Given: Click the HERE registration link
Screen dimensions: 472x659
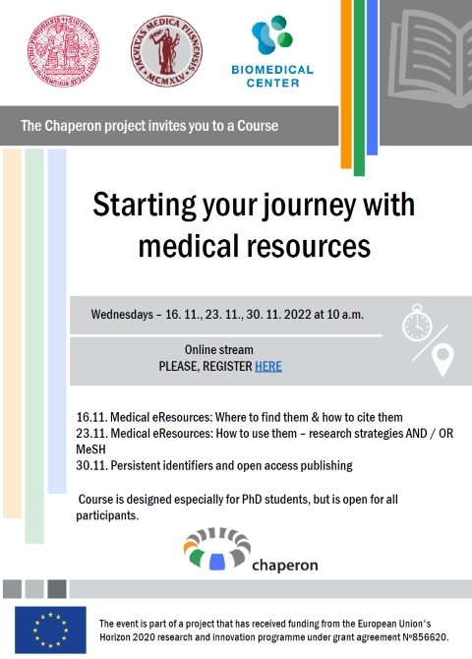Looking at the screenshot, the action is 268,367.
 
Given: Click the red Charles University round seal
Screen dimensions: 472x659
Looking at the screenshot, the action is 64,51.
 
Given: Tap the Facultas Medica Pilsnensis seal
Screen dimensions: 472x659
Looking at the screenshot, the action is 166,51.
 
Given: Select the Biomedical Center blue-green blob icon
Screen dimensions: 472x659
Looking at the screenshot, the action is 272,34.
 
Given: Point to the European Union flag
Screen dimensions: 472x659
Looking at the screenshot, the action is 50,629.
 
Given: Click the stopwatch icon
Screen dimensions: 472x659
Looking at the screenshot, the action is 417,323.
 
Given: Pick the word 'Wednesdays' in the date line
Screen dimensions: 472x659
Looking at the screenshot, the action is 122,315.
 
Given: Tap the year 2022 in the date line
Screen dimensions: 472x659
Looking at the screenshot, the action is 298,315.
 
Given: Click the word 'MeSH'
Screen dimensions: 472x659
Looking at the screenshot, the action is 90,449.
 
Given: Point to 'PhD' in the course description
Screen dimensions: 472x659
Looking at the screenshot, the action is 252,500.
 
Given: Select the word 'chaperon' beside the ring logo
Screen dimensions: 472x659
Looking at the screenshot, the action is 285,566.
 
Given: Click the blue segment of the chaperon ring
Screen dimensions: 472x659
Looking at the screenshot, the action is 217,562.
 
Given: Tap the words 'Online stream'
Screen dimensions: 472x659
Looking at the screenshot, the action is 219,350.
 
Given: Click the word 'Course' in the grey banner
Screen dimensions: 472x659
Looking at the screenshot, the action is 258,126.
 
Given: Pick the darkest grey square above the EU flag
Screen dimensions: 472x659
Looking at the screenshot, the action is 57,589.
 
